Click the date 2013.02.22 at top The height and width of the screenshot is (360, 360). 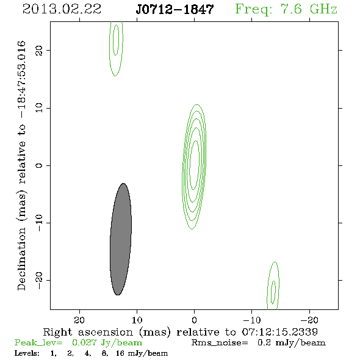tap(62, 9)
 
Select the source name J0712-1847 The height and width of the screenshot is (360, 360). tap(175, 10)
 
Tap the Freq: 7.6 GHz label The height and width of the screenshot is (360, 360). tap(286, 9)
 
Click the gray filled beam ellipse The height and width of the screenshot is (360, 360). tap(121, 239)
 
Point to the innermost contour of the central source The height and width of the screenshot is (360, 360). tap(190, 165)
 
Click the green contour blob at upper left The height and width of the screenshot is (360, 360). tap(109, 49)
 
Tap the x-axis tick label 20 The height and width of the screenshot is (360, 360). tap(79, 320)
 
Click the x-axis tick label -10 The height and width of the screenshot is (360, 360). tap(252, 320)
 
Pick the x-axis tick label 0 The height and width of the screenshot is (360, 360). tap(194, 320)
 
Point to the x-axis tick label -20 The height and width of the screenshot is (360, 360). tap(309, 320)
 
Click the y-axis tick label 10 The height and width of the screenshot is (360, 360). tap(39, 108)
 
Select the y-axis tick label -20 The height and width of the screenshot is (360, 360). tap(39, 281)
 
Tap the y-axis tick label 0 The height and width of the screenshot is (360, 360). tap(39, 165)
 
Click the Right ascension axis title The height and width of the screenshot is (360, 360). tap(181, 332)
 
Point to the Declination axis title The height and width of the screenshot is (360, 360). tap(21, 165)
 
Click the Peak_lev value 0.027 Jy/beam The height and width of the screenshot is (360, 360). tap(107, 343)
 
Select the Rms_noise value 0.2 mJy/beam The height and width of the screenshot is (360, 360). tap(291, 343)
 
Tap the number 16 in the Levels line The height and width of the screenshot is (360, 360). tap(120, 353)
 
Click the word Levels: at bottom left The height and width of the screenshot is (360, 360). tap(27, 353)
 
